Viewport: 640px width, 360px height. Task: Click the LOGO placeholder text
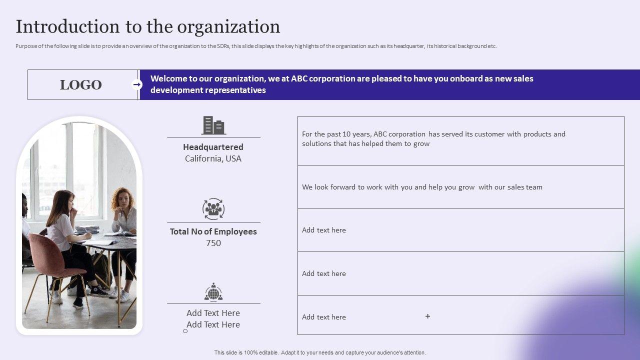coord(80,85)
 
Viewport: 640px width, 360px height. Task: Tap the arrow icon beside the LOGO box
coord(137,84)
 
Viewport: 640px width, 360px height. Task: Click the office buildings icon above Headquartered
coord(213,125)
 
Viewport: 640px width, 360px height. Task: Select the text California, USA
coord(213,158)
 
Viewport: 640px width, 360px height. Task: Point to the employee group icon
coord(213,209)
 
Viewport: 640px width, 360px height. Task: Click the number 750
coord(213,243)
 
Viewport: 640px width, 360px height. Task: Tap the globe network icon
coord(213,292)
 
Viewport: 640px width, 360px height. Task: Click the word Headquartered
coord(213,147)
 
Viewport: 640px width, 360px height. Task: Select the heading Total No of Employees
coord(213,231)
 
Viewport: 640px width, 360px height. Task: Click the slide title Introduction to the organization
coord(147,26)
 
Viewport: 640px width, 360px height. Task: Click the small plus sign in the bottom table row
coord(427,316)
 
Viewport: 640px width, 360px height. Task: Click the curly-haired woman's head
coord(122,197)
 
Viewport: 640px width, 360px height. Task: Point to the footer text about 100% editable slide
coord(320,352)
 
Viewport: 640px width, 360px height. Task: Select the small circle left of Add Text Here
coord(185,331)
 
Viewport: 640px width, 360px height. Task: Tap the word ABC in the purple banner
coord(299,78)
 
